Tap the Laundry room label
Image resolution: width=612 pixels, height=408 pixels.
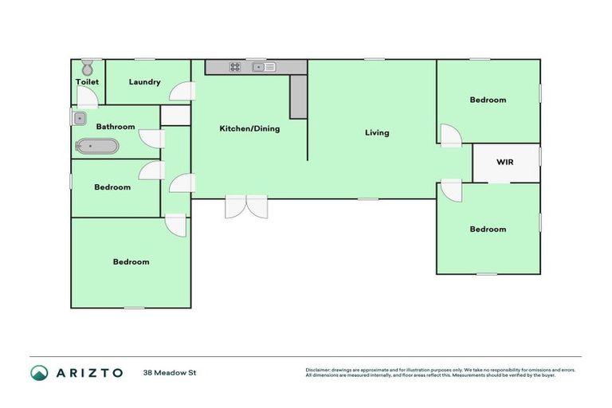144,82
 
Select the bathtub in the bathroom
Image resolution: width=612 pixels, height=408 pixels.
97,146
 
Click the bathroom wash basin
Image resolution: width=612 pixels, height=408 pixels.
79,119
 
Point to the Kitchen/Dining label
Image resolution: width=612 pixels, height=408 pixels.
249,128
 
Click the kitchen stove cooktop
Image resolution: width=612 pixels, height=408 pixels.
236,67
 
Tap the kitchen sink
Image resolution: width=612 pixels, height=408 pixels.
264,67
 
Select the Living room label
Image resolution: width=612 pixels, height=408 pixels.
377,132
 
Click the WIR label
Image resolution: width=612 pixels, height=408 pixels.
504,162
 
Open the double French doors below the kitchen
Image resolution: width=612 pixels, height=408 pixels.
246,206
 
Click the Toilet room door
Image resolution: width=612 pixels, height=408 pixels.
88,97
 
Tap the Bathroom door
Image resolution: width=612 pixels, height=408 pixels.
151,138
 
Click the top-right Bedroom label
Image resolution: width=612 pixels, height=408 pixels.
487,100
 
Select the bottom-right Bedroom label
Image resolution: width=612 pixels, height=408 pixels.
487,229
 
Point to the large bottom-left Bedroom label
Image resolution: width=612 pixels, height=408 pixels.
131,261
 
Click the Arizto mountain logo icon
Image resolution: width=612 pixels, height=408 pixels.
39,373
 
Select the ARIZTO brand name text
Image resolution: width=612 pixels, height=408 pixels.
89,373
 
